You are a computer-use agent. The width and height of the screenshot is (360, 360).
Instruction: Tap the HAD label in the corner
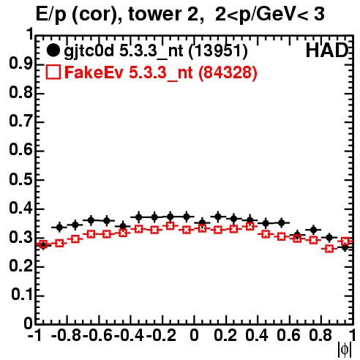pos(326,50)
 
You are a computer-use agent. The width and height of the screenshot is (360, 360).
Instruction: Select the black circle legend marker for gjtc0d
pos(53,50)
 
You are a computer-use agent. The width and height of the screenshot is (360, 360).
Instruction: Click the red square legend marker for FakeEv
pos(53,72)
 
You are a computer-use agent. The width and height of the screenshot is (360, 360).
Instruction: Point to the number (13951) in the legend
pos(218,51)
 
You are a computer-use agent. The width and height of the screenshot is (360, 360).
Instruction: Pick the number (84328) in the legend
pos(228,72)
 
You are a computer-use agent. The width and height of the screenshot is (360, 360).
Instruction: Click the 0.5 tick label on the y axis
pos(20,180)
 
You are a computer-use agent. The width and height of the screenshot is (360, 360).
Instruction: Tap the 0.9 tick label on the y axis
pos(20,64)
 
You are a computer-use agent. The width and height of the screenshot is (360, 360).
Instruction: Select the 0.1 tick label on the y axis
pos(21,295)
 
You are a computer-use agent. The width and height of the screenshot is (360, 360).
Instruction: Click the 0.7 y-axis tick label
pos(20,122)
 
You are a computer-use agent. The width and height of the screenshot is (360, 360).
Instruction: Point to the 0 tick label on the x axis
pos(194,335)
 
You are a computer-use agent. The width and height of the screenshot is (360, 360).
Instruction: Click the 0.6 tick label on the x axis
pos(288,335)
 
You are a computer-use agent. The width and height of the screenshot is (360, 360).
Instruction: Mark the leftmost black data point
pos(43,244)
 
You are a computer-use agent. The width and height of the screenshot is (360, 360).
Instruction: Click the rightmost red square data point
pos(345,241)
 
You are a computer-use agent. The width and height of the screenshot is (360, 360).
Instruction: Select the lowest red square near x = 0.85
pos(329,249)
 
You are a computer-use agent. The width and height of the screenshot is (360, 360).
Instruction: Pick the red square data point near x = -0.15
pos(170,225)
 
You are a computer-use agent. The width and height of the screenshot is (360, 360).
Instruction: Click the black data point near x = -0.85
pos(59,228)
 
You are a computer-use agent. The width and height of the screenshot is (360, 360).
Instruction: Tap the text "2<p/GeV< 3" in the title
pos(270,14)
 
